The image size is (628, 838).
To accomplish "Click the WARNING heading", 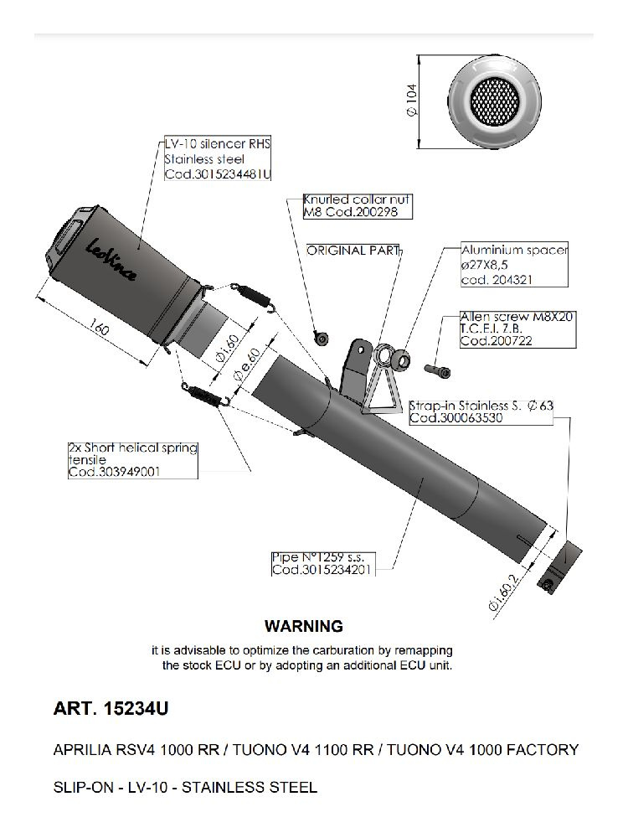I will [x=303, y=626].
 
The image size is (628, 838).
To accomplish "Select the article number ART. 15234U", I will [x=111, y=709].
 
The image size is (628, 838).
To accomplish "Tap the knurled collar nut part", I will [x=320, y=337].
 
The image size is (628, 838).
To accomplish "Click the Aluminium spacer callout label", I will [x=514, y=250].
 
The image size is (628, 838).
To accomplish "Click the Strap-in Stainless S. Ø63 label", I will [x=481, y=406].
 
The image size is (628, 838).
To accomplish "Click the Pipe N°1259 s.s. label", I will [x=322, y=557].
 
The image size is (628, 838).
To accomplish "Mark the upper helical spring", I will [x=256, y=293].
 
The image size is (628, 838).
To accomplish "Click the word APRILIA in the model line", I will [x=81, y=749].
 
